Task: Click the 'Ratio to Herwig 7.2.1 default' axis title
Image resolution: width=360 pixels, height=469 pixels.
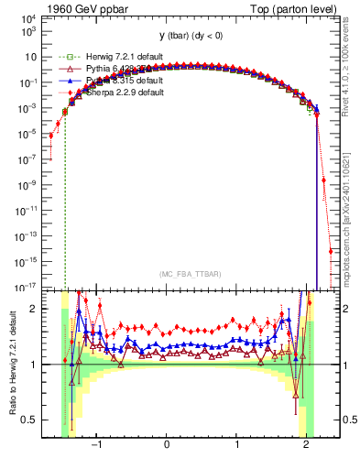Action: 11,365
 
